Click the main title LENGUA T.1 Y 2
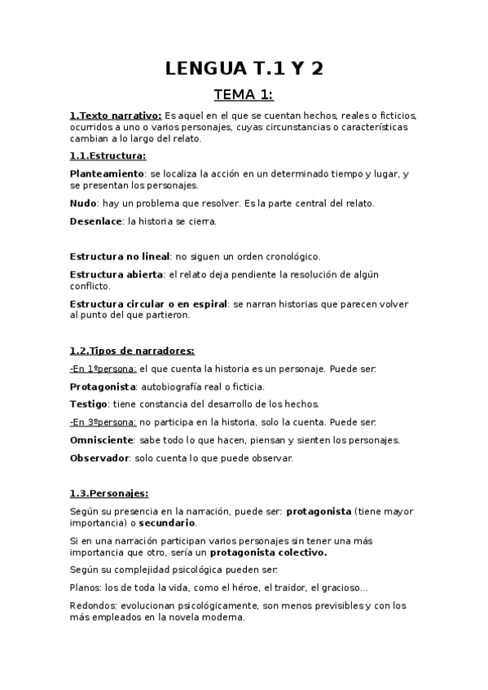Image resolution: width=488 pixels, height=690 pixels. click(244, 68)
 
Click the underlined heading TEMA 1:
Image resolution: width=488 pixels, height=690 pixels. click(244, 95)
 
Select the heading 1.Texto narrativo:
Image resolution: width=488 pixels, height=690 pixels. click(116, 116)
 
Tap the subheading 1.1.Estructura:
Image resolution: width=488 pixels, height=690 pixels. click(108, 155)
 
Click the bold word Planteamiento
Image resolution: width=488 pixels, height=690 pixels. click(107, 174)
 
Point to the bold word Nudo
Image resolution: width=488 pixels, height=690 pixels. click(83, 203)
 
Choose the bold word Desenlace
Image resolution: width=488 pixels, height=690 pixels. click(95, 221)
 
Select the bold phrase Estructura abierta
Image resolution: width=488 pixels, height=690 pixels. click(117, 274)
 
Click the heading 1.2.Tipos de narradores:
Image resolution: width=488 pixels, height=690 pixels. click(132, 351)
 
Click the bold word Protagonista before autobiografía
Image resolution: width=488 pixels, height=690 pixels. click(102, 386)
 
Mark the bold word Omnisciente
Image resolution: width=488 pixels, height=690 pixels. click(102, 439)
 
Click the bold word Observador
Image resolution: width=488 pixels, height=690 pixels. click(99, 457)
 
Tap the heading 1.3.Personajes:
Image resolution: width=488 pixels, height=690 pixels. click(109, 492)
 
